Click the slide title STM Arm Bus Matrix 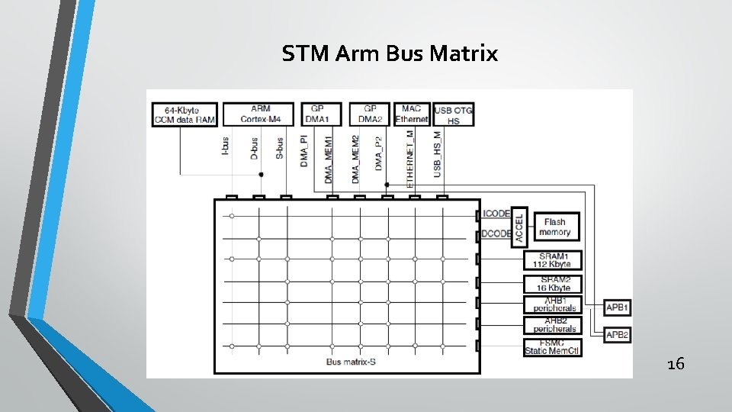tap(390, 54)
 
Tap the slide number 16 tap(675, 364)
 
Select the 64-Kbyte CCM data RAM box tap(185, 114)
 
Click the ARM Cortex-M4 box tap(260, 114)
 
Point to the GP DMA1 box tap(321, 114)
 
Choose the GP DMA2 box tap(370, 114)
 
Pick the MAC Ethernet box tap(412, 114)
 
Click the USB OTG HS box tap(453, 115)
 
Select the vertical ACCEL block tap(520, 226)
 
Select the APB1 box tap(617, 308)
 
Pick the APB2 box tap(617, 335)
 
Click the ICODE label tap(496, 214)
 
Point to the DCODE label tap(496, 234)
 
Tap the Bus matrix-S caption tap(351, 362)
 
